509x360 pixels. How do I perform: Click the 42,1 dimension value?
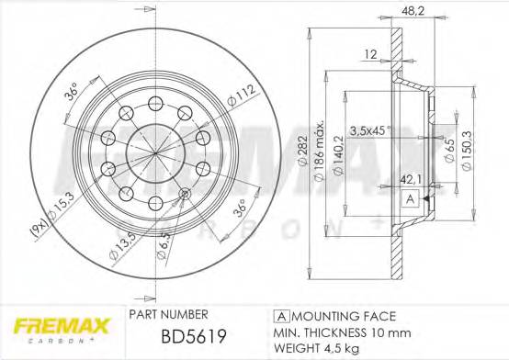click(409, 182)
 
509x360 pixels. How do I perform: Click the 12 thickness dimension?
click(372, 54)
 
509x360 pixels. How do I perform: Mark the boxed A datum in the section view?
click(408, 198)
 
